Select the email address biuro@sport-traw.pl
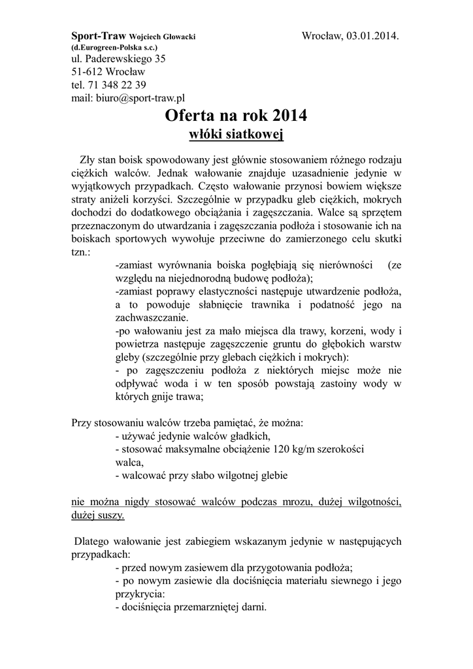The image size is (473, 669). point(140,98)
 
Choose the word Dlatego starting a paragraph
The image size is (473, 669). point(95,542)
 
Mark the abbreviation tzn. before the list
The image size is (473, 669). point(81,252)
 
